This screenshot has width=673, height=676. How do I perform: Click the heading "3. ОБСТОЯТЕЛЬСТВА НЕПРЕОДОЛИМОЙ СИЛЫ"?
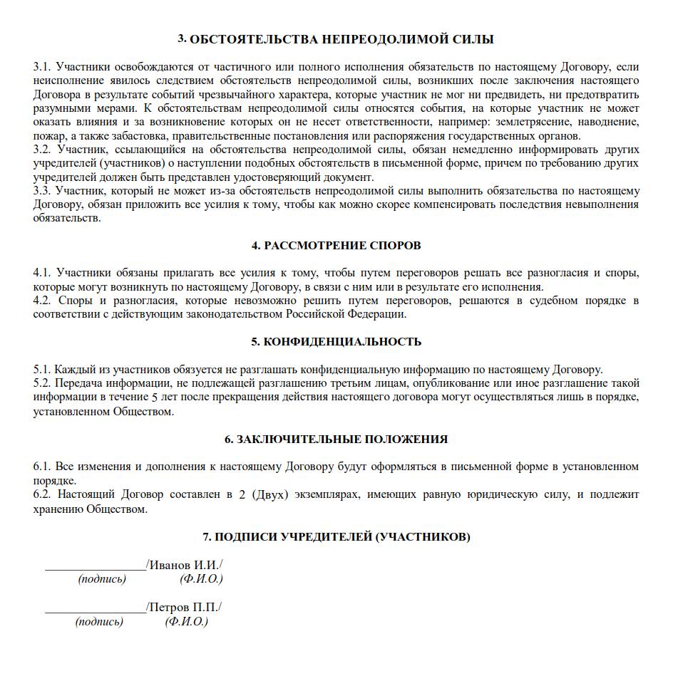tap(336, 39)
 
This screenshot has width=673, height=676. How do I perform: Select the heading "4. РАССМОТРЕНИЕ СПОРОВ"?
tap(336, 246)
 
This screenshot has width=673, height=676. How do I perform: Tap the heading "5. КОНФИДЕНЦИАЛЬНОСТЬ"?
tap(336, 342)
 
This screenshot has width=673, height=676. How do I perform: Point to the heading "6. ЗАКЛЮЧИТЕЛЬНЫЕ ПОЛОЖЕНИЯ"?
tap(336, 440)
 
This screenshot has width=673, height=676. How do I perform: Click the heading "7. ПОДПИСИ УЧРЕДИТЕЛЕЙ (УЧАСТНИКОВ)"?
tap(336, 537)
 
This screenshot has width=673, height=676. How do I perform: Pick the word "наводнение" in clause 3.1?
tap(607, 123)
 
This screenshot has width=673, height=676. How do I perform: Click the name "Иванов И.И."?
tap(185, 566)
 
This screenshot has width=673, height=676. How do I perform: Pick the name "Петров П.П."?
tap(185, 608)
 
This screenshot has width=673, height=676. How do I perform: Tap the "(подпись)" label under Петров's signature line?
tap(99, 622)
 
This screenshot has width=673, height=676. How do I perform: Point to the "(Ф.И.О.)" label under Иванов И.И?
tap(202, 579)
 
